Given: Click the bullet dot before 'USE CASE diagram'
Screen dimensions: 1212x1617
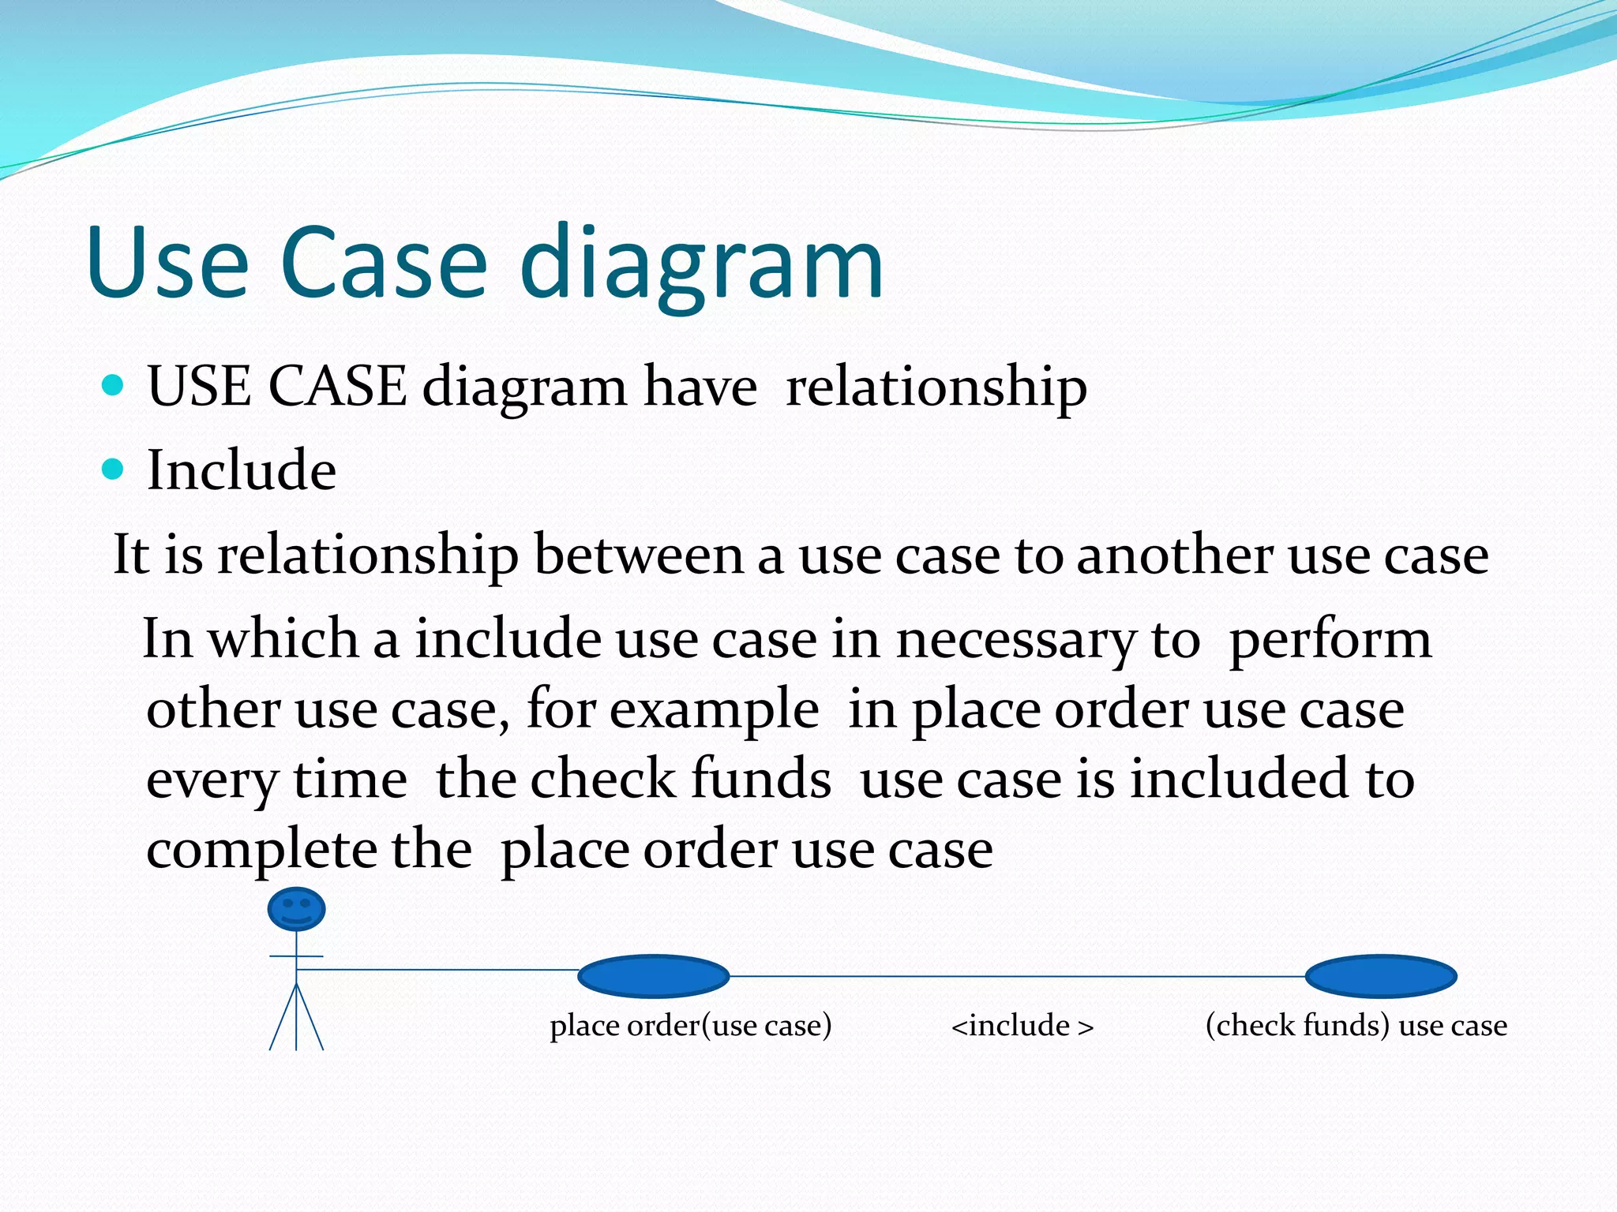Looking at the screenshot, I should pos(114,386).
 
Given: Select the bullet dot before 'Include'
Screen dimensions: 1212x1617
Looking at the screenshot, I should pos(114,469).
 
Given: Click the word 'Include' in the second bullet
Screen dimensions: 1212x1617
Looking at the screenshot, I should pos(242,470).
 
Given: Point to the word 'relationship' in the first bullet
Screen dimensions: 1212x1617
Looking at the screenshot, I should pos(936,387).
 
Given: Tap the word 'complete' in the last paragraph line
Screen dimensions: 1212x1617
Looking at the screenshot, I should pos(261,851).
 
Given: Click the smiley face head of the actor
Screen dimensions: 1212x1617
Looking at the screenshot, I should pos(296,909).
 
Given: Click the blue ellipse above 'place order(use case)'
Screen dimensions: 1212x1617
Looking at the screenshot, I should pos(653,976).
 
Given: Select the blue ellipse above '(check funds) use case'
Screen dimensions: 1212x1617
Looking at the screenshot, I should pos(1380,976).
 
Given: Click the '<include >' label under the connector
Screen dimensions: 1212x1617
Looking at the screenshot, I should pos(1022,1026).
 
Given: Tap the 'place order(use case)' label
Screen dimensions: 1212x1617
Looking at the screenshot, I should pos(691,1026).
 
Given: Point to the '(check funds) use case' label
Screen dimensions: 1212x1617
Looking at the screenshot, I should pos(1356,1026).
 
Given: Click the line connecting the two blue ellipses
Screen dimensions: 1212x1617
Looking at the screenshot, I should pos(1017,976).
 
